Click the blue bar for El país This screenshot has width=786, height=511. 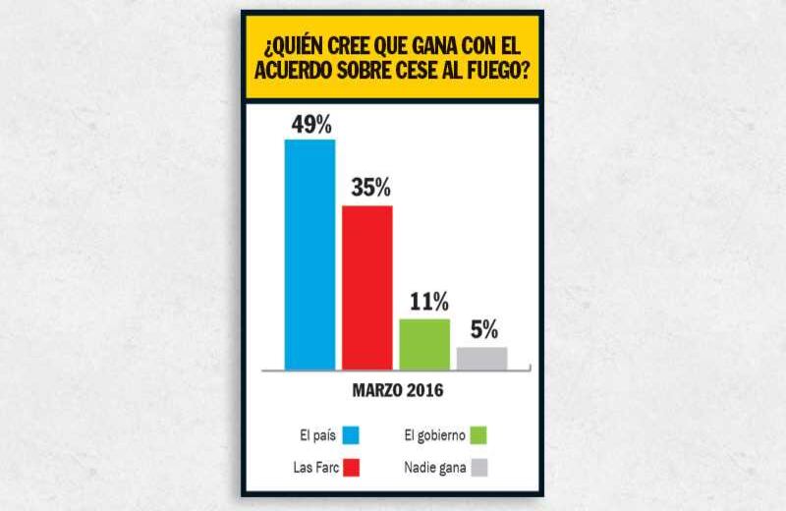[x=309, y=254]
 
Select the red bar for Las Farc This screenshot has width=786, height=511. [x=366, y=287]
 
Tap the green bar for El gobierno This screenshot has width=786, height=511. [x=424, y=344]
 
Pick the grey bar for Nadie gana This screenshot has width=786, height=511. [x=481, y=359]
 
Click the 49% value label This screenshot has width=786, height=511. [x=310, y=125]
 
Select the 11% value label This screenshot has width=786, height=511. [x=428, y=301]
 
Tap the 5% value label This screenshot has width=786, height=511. [x=483, y=329]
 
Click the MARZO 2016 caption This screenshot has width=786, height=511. [x=397, y=390]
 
